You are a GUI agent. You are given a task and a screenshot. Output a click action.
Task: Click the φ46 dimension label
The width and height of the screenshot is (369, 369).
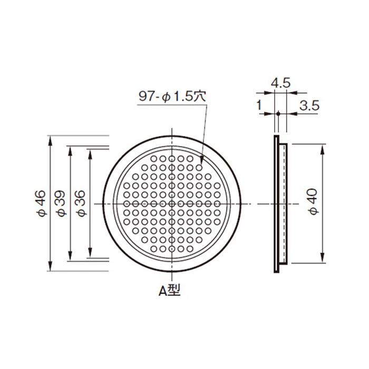(x=41, y=203)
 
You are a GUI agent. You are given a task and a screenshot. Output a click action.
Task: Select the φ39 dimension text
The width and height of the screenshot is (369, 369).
(x=61, y=203)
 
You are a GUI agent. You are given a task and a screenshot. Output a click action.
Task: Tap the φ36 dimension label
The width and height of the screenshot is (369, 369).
(x=81, y=203)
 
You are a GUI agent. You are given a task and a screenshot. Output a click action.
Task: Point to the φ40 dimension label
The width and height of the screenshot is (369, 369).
(x=314, y=201)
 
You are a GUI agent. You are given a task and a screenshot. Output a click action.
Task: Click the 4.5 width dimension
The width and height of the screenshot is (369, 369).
(x=281, y=83)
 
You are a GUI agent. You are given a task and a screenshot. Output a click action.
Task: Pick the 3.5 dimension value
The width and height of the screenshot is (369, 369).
(x=309, y=105)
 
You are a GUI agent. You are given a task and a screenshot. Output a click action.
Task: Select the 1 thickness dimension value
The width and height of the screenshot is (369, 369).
(x=259, y=105)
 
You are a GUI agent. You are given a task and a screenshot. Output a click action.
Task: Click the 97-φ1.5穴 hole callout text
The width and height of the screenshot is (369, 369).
(x=172, y=96)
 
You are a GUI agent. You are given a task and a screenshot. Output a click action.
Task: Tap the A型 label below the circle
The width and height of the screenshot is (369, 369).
(x=169, y=290)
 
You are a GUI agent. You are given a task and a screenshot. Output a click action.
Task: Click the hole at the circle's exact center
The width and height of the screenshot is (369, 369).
(x=172, y=204)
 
